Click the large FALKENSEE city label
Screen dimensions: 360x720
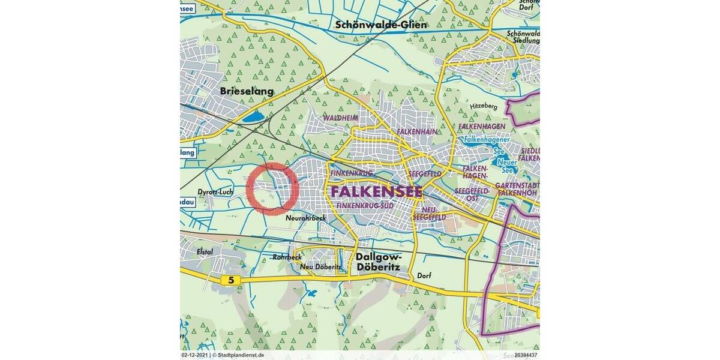tap(376, 191)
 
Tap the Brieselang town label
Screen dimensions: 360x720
tap(247, 92)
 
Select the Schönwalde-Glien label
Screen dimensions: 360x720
tap(381, 25)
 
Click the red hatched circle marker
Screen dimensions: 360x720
tap(272, 188)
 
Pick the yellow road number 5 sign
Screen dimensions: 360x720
tap(230, 280)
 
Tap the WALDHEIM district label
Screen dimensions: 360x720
tap(340, 118)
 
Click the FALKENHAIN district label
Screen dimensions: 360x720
tap(416, 131)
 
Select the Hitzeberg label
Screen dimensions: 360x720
tap(484, 106)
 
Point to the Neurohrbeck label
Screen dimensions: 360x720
tap(306, 218)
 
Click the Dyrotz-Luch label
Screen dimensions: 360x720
tap(214, 192)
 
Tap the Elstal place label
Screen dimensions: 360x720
tap(205, 252)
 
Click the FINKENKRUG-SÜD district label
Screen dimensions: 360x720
tap(365, 206)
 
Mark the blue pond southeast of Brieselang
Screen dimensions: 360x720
tap(251, 116)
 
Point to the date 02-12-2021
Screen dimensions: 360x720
tap(195, 355)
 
